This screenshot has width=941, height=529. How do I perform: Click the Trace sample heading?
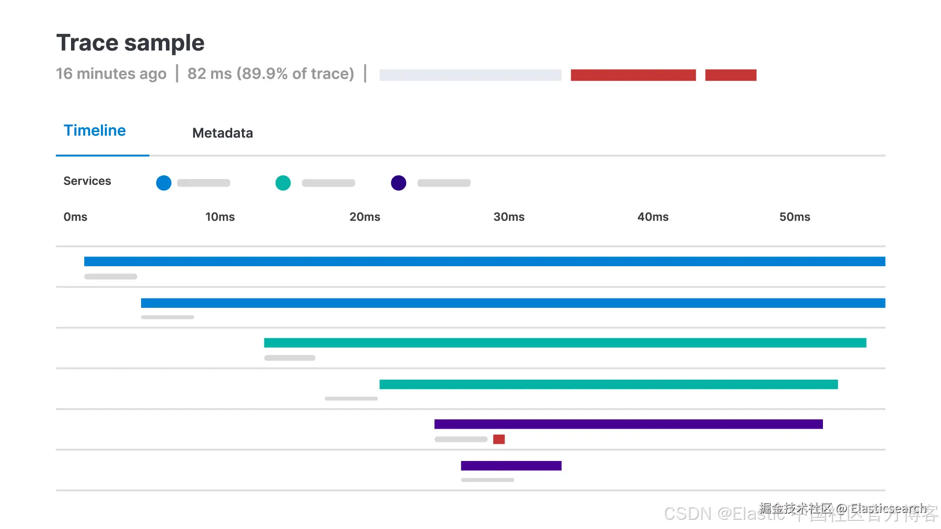[x=130, y=43]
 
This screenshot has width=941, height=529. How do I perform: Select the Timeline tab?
[x=95, y=131]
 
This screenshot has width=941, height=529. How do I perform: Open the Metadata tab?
[x=222, y=133]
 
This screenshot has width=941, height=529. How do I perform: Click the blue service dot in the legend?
[x=164, y=183]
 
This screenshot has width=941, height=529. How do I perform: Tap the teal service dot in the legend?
[x=283, y=183]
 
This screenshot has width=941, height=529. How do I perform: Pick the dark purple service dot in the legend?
[x=399, y=183]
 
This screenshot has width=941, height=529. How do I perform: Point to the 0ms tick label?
[x=75, y=217]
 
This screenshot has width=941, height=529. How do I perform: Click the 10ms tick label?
[x=220, y=217]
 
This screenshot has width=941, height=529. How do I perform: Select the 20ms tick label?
[x=365, y=217]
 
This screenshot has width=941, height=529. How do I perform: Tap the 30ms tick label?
[x=509, y=217]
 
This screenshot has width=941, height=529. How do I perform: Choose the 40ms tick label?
[x=653, y=217]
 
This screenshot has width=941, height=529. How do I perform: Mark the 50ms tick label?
[x=795, y=217]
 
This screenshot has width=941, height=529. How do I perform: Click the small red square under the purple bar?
[x=499, y=439]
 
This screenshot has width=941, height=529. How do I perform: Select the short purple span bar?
[x=511, y=466]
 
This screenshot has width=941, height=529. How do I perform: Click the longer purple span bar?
[x=628, y=424]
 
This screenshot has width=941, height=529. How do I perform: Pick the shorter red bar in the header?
[x=731, y=75]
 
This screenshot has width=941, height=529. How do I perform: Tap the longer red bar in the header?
[x=633, y=75]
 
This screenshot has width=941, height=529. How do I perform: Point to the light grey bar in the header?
[x=470, y=75]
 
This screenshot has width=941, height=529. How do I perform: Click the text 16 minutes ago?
[x=111, y=74]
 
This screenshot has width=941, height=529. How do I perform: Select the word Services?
[x=87, y=181]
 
